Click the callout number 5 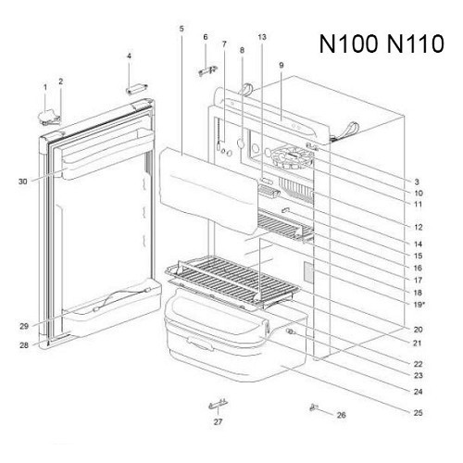tap(181, 29)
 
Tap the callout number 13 tap(262, 37)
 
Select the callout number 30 tap(23, 181)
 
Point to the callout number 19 tap(418, 305)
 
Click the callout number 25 tap(418, 413)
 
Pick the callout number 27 tap(218, 421)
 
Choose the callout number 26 tap(341, 415)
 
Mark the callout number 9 tap(281, 65)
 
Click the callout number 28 tap(24, 345)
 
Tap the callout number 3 tap(417, 181)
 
